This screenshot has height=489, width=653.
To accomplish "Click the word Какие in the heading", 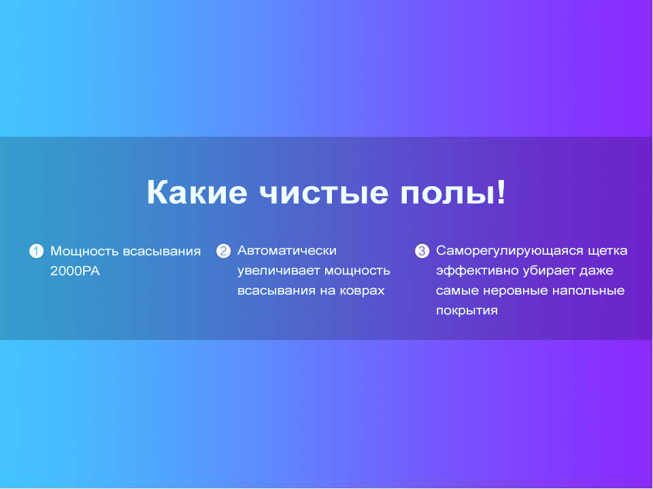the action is tap(197, 192).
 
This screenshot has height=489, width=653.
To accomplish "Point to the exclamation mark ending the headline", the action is tap(500, 192).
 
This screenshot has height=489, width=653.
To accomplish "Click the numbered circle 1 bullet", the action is tap(36, 251).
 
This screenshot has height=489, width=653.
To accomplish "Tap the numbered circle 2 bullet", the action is tap(223, 251).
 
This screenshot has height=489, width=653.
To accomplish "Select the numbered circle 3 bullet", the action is tap(422, 251).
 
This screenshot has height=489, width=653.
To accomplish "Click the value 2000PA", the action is tap(75, 271).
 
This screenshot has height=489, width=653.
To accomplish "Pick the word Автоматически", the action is tap(287, 251).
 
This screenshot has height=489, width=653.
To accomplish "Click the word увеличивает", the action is tap(279, 271).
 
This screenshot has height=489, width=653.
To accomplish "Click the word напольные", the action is tap(588, 291).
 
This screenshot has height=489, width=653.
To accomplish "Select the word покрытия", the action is tap(467, 311).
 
